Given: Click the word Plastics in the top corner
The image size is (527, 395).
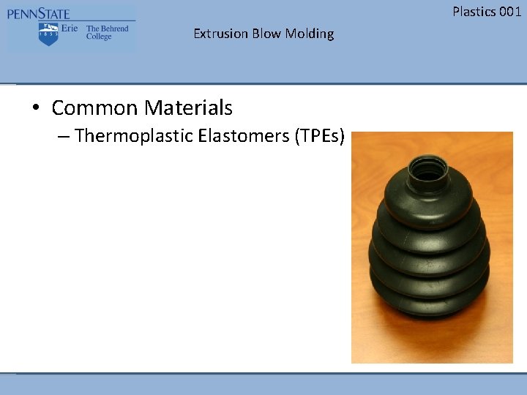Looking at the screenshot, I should coord(474,11).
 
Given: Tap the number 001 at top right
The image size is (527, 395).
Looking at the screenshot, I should coord(510,11).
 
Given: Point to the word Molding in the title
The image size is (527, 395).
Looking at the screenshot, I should coord(310,34).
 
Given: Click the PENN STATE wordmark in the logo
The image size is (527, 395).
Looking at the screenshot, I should coord(39,14).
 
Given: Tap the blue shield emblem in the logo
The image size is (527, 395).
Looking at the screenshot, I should coord(48,34).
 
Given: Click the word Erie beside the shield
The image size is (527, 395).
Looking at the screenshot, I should coord(70,29).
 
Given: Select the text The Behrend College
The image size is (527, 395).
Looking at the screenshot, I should coord(107,32).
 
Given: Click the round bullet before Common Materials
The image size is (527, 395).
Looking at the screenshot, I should coord(35,108).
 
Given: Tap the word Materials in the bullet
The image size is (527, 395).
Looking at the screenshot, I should coord(188,108).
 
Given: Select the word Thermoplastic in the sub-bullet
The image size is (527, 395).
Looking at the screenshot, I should coord(134,136).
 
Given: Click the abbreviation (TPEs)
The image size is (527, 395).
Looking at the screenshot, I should coord(319,136).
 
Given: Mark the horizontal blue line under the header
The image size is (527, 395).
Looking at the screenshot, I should coord(263,83).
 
